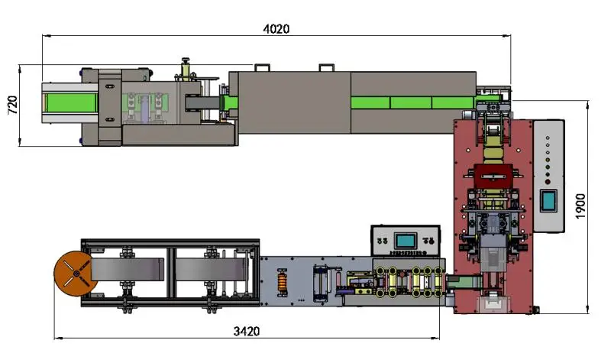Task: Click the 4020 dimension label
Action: [x=276, y=29]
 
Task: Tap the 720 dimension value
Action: [x=12, y=105]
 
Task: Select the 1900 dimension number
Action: [x=580, y=206]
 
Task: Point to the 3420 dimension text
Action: [x=246, y=331]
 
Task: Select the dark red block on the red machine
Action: [x=493, y=177]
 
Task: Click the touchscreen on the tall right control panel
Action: [x=548, y=200]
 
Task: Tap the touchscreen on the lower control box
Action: [x=406, y=240]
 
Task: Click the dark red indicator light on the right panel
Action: [x=548, y=182]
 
